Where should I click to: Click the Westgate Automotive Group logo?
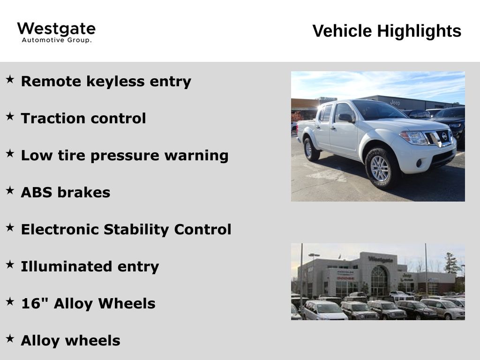coord(56,32)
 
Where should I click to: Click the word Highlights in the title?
coord(419,31)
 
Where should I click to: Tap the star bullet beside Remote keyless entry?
coord(10,79)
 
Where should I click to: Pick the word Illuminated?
coord(66,267)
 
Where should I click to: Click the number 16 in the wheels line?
coord(30,303)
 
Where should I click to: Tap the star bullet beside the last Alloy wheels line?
coord(10,338)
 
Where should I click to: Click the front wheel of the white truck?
coord(381,168)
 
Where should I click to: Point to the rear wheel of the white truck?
coord(311,150)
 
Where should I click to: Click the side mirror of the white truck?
coord(345,118)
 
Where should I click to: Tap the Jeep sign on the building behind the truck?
coord(395,103)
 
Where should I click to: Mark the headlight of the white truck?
coord(414,138)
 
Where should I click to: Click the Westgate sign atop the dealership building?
coord(381,260)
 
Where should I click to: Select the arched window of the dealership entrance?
coord(379,280)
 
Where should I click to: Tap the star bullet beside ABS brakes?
coord(10,190)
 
